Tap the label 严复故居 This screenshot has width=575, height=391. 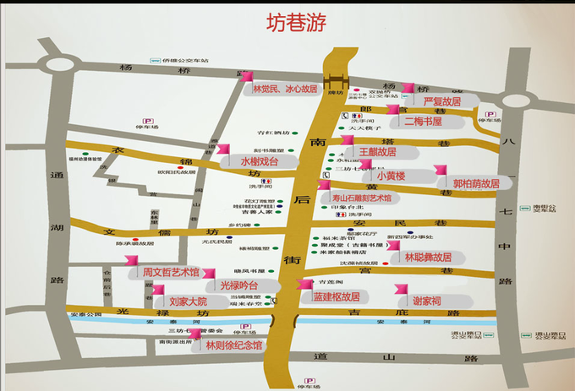click(442, 101)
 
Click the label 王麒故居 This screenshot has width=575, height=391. click(377, 152)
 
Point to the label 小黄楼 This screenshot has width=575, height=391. click(392, 176)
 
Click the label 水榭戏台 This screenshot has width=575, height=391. click(259, 160)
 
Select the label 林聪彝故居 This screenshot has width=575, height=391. click(428, 257)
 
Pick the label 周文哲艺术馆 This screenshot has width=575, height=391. click(171, 272)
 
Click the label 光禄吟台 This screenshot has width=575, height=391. click(238, 285)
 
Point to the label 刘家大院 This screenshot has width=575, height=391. click(188, 301)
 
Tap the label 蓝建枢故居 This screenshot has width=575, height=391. click(337, 296)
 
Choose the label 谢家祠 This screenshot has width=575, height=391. click(427, 301)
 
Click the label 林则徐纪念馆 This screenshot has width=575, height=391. click(233, 345)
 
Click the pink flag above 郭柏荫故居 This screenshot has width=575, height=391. click(441, 171)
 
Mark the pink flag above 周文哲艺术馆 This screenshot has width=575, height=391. click(132, 259)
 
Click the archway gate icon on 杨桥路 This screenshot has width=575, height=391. click(337, 81)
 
